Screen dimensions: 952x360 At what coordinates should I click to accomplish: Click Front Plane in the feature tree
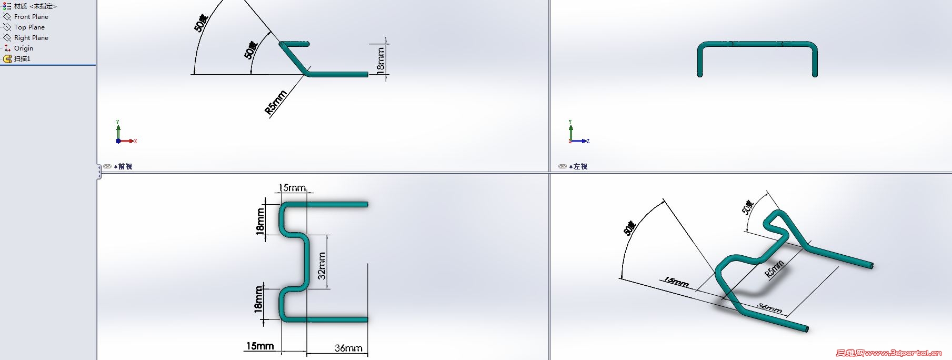click(x=31, y=17)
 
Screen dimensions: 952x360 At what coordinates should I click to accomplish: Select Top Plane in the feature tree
click(x=29, y=27)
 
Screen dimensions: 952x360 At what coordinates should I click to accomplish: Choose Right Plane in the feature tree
click(x=31, y=38)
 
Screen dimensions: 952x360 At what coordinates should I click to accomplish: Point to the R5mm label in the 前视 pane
click(x=276, y=103)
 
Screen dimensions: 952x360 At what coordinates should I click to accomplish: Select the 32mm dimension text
click(x=322, y=266)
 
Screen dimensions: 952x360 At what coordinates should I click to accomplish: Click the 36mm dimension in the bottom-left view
click(x=348, y=348)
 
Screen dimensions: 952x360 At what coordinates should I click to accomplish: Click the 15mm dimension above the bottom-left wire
click(x=292, y=188)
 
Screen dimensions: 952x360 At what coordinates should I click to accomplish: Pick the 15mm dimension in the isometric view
click(x=676, y=282)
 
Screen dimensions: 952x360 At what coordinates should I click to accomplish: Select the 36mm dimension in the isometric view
click(x=769, y=308)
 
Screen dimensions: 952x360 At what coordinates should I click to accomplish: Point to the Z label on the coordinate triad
click(x=588, y=141)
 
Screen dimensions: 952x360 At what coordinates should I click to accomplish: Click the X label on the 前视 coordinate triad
click(x=135, y=141)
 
